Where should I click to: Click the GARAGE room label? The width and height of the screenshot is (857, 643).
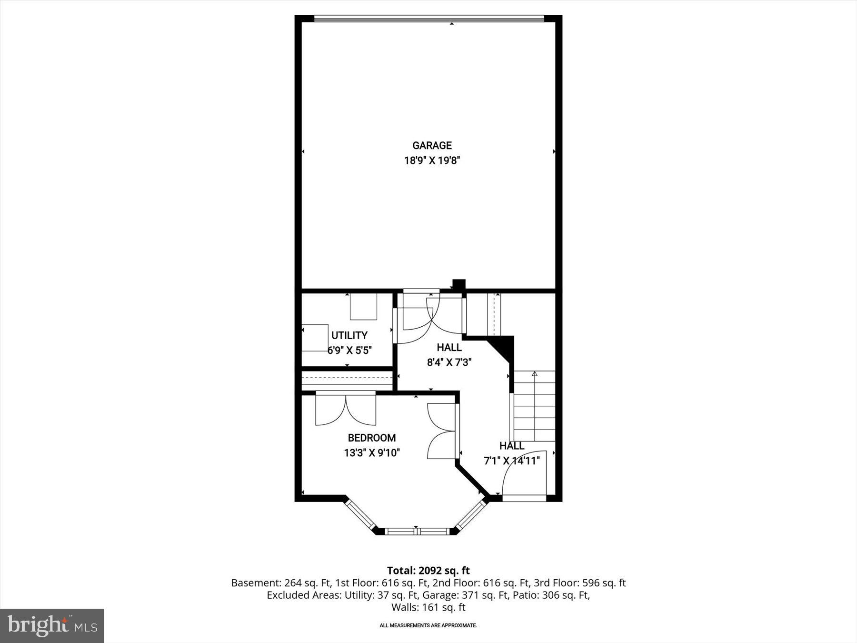[432, 146]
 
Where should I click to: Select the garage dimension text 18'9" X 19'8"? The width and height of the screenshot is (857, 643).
[432, 161]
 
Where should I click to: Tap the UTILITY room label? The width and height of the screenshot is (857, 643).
[349, 335]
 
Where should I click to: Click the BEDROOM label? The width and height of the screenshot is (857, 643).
[371, 438]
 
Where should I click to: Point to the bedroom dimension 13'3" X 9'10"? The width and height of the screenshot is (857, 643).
[371, 452]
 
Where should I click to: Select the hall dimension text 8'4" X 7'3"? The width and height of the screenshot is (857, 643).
[449, 362]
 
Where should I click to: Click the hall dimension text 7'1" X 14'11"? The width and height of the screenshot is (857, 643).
[512, 461]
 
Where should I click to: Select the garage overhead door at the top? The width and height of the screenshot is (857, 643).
[428, 19]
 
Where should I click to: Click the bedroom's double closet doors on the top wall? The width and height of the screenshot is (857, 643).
[346, 410]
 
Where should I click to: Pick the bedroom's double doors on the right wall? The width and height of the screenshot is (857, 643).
[441, 431]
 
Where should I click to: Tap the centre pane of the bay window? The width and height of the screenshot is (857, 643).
[417, 531]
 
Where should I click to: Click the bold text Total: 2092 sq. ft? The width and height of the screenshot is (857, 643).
[428, 571]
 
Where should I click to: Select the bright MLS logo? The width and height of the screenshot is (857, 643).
[52, 625]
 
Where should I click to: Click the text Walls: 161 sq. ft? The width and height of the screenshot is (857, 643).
[428, 607]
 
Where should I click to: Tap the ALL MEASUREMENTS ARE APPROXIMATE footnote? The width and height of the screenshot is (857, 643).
[428, 625]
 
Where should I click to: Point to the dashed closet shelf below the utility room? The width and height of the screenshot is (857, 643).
[347, 380]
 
